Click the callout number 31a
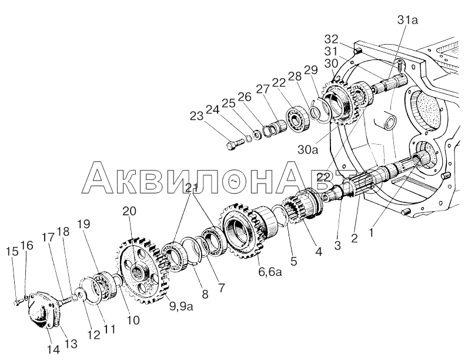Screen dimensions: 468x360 pos(408,21)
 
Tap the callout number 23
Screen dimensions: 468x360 pos(196,116)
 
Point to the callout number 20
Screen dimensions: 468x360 pos(129,211)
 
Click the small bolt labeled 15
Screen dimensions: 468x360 pos(18,302)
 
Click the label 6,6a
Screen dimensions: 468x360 pos(270,272)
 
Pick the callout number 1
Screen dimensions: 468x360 pos(371,232)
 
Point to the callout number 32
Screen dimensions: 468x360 pos(331,39)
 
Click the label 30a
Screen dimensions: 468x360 pos(308,150)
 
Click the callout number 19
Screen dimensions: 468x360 pos(84,224)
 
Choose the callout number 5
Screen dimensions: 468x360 pos(294,262)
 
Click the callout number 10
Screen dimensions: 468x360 pos(133,320)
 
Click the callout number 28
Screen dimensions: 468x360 pos(295,76)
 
